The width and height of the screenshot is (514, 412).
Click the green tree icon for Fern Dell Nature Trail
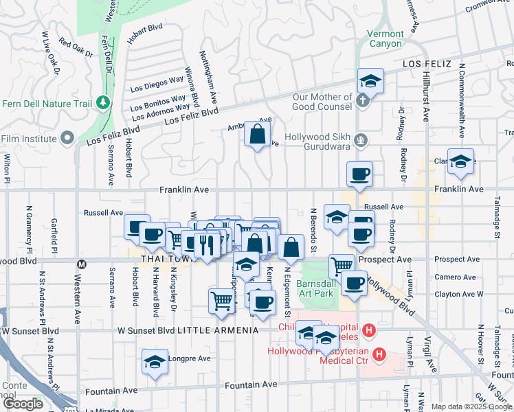pyautogui.click(x=104, y=102)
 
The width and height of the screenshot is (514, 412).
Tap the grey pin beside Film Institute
pyautogui.click(x=67, y=139)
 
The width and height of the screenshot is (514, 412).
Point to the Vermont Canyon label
pyautogui.click(x=385, y=38)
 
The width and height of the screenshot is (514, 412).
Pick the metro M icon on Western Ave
pyautogui.click(x=82, y=264)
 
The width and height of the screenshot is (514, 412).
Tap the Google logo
pyautogui.click(x=23, y=404)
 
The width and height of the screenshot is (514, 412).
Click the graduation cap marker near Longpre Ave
pyautogui.click(x=155, y=361)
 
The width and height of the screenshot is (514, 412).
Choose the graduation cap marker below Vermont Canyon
pyautogui.click(x=370, y=81)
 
